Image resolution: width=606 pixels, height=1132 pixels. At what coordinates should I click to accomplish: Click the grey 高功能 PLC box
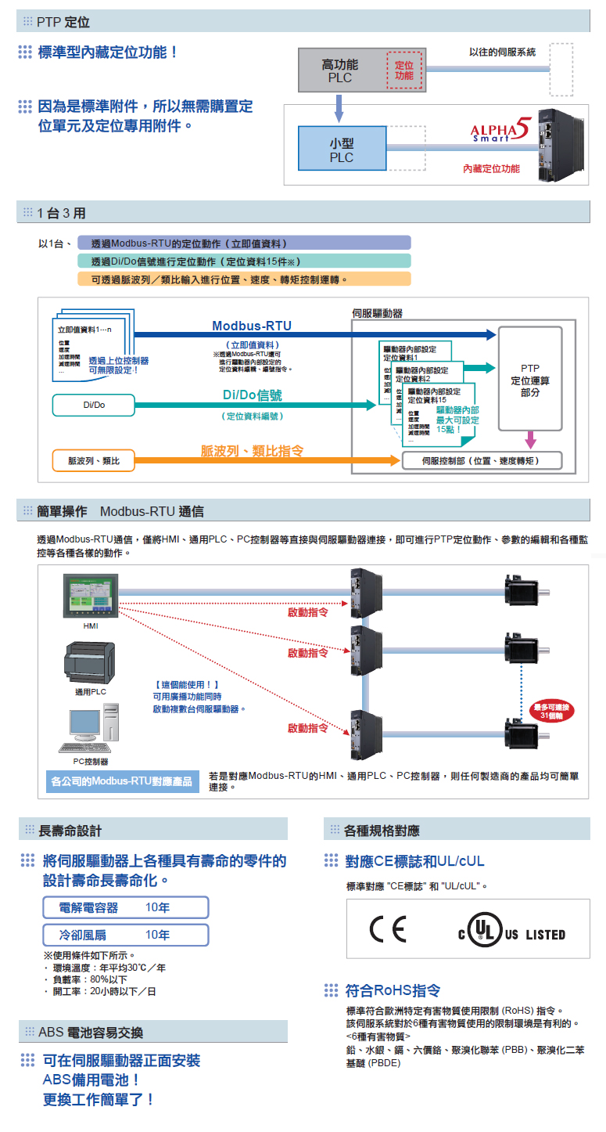(x=341, y=71)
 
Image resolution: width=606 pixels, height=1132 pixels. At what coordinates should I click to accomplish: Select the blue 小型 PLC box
(x=341, y=150)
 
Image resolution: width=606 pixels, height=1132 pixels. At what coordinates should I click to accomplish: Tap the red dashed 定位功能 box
(x=404, y=70)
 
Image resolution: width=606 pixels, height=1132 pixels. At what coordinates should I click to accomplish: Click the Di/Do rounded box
(x=94, y=406)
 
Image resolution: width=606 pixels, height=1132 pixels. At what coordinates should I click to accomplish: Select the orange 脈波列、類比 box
(x=94, y=461)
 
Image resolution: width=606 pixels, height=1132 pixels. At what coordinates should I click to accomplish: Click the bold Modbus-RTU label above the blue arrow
(x=252, y=326)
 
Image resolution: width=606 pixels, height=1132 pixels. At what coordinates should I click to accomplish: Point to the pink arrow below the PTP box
(x=530, y=439)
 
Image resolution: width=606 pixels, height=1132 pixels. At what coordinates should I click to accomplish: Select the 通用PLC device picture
(x=91, y=662)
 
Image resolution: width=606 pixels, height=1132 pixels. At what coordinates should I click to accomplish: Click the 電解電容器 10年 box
(x=126, y=908)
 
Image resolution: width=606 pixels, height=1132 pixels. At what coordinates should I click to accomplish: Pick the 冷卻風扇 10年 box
(x=126, y=936)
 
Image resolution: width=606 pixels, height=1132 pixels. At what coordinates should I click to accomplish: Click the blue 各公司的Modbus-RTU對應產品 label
(x=121, y=781)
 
